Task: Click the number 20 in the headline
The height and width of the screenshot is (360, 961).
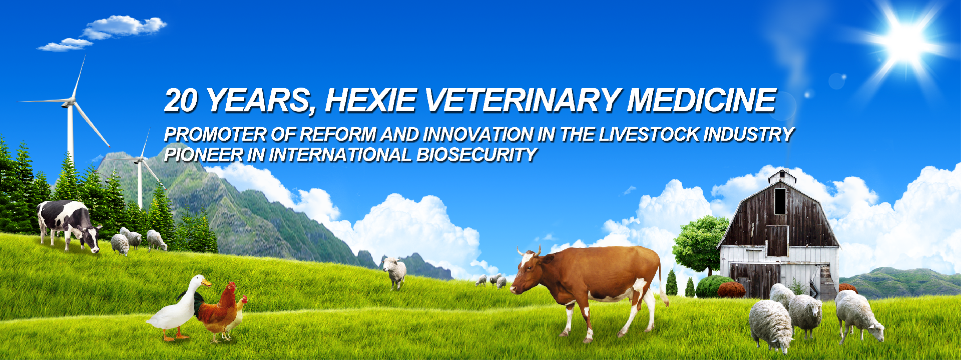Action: coord(181,100)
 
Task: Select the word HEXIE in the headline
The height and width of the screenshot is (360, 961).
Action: coord(371,100)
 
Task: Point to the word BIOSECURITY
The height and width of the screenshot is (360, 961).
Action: coord(476,155)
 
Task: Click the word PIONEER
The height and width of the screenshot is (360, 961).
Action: coord(204,155)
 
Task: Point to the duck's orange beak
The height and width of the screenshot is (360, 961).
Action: coord(206,283)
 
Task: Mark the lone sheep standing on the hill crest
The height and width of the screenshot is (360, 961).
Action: coord(395,273)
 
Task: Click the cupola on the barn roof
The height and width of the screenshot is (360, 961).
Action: coord(781,176)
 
